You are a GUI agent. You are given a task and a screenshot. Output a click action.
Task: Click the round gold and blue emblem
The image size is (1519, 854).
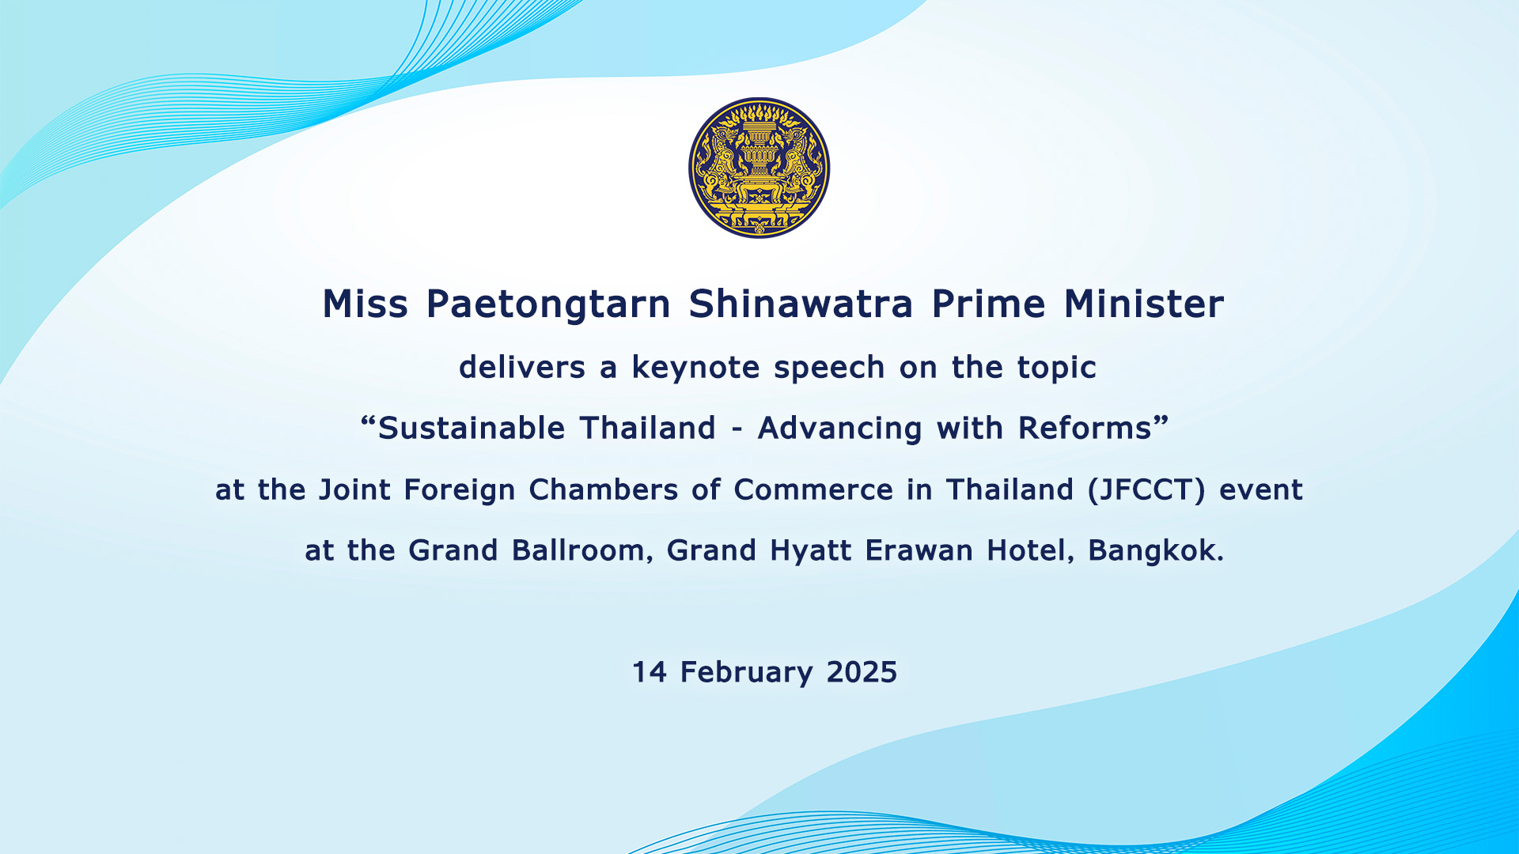click(759, 168)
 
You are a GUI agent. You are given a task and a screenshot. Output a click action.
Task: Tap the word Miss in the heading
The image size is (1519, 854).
click(365, 304)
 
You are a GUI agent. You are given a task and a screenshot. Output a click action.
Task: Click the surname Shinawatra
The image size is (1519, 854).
click(801, 304)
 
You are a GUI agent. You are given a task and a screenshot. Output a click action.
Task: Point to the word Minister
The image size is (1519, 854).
click(1144, 304)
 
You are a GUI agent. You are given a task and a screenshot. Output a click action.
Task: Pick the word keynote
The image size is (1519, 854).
click(695, 368)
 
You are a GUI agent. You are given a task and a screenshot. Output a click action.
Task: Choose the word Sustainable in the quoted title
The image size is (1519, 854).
click(472, 428)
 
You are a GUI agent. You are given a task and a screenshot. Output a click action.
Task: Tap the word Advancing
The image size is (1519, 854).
click(840, 429)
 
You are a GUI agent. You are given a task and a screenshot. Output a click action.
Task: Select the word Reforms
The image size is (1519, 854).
click(1085, 428)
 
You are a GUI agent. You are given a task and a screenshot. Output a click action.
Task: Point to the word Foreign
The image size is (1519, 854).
click(460, 491)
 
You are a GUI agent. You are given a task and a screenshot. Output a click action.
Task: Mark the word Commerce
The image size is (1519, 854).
click(813, 489)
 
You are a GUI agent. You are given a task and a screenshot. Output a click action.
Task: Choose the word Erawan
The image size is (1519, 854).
click(919, 550)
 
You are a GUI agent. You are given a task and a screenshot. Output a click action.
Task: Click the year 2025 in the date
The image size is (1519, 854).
click(862, 672)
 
